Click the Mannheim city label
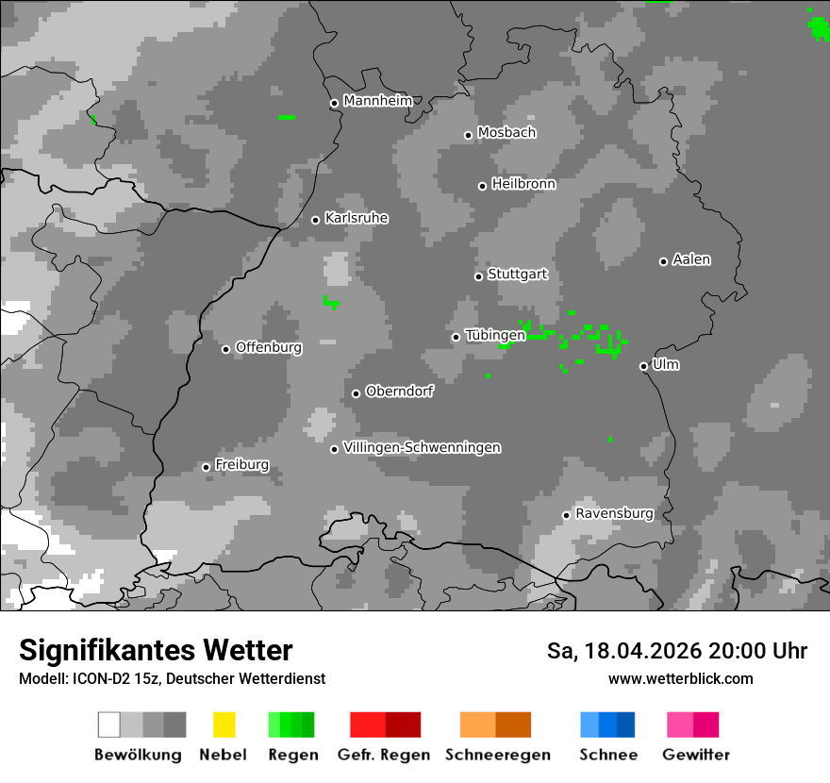[377, 101]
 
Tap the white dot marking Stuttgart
[478, 276]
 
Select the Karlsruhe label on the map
[356, 218]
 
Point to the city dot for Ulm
[643, 366]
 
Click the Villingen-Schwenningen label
[422, 447]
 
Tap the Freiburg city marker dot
[206, 467]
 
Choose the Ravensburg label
[614, 513]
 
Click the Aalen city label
[691, 259]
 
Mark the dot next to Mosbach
[468, 135]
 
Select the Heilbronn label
[523, 184]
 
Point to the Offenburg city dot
[225, 349]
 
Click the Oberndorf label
[399, 391]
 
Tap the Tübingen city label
[495, 335]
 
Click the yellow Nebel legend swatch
[224, 725]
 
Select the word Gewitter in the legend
[696, 755]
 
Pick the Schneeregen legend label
[497, 755]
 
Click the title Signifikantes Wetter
[156, 650]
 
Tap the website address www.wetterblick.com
[680, 678]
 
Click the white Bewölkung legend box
[109, 725]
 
